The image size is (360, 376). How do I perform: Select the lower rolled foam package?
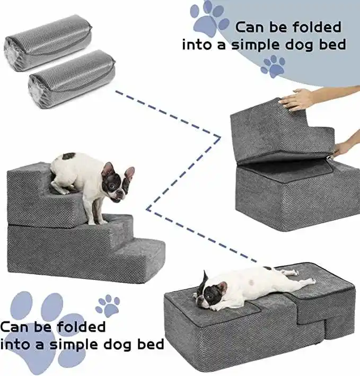[72, 78]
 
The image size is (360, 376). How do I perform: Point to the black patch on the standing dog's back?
[69, 156]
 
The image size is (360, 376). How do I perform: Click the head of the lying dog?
[210, 291]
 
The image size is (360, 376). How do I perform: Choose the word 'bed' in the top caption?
[332, 45]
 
